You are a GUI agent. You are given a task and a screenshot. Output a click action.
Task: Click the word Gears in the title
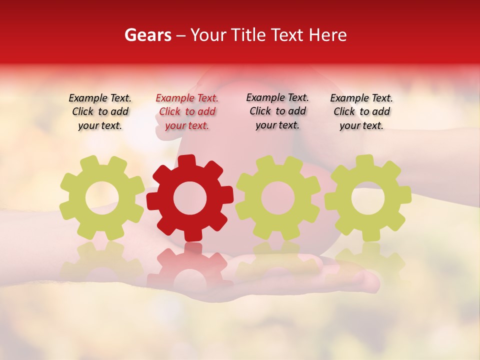pyautogui.click(x=147, y=35)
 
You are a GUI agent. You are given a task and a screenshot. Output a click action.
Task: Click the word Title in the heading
pyautogui.click(x=249, y=35)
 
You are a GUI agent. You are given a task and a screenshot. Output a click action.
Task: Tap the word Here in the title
pyautogui.click(x=328, y=35)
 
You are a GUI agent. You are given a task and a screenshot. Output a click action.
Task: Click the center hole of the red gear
pyautogui.click(x=189, y=198)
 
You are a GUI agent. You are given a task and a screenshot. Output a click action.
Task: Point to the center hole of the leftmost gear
pyautogui.click(x=101, y=198)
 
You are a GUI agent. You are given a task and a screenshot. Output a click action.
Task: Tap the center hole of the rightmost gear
pyautogui.click(x=367, y=198)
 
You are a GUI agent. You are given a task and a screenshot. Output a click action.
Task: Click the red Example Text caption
pyautogui.click(x=187, y=112)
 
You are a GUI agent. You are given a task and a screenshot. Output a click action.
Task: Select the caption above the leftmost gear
pyautogui.click(x=100, y=111)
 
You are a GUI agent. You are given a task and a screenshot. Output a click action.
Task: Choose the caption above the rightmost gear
pyautogui.click(x=361, y=111)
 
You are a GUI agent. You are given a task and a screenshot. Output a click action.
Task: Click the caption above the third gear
pyautogui.click(x=277, y=111)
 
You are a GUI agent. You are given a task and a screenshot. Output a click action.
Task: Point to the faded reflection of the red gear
pyautogui.click(x=190, y=265)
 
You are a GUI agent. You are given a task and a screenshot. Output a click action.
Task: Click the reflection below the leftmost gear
pyautogui.click(x=101, y=262)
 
